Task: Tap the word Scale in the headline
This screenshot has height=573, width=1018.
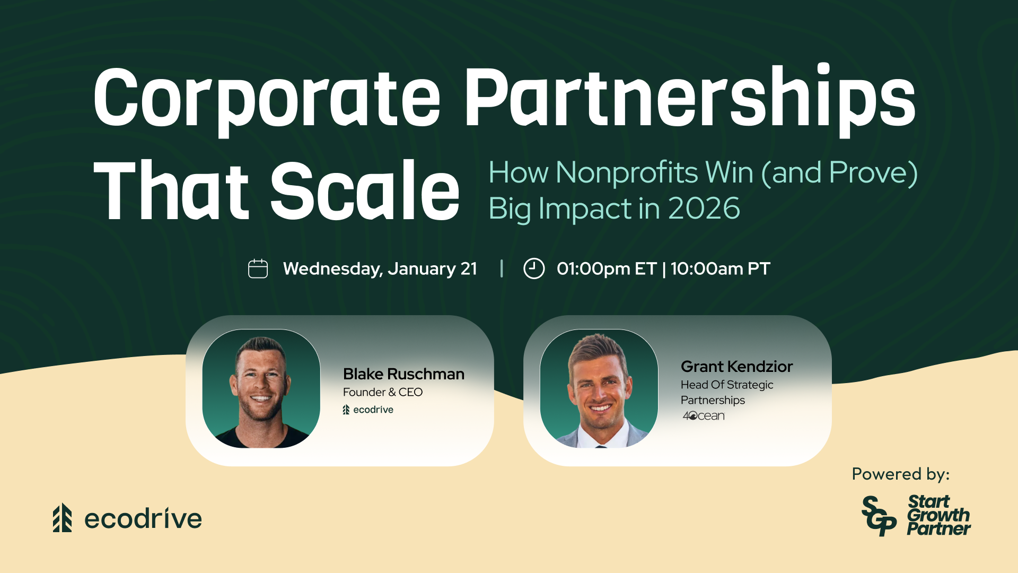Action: (365, 190)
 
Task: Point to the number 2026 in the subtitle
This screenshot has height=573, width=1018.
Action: (704, 208)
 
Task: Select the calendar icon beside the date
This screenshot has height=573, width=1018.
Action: (258, 268)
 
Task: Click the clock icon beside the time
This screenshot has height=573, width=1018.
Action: (534, 268)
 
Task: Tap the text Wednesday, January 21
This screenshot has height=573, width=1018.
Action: (380, 269)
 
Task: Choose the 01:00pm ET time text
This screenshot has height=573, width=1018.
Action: (607, 269)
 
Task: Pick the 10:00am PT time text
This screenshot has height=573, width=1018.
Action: (720, 269)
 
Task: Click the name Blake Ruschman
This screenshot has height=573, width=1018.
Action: (403, 374)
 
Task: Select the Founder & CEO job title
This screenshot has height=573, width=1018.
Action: (383, 392)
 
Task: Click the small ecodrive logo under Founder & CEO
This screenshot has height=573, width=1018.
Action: (368, 410)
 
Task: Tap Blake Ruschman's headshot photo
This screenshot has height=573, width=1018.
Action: (261, 389)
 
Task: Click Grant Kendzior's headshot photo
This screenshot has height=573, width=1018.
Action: (599, 389)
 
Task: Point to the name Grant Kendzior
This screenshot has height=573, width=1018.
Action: (736, 367)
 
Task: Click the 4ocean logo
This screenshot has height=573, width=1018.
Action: (704, 416)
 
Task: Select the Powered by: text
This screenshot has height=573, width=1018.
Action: (900, 474)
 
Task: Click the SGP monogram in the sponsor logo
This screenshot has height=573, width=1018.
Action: (879, 516)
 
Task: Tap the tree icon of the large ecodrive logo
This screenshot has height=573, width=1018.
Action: (62, 518)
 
